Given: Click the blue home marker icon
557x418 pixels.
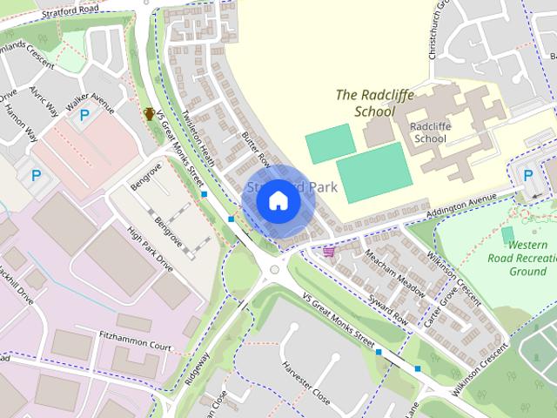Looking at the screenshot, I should pyautogui.click(x=278, y=201).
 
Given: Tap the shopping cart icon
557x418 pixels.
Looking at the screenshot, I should pyautogui.click(x=329, y=252).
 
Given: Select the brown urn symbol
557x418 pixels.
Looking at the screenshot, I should pyautogui.click(x=150, y=113).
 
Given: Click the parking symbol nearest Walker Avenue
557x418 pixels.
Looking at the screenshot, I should pyautogui.click(x=84, y=115).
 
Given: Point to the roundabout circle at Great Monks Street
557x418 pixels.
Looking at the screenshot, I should pyautogui.click(x=276, y=268).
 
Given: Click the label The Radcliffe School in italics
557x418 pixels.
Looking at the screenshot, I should pyautogui.click(x=375, y=103).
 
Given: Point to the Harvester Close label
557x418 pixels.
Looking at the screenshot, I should pyautogui.click(x=305, y=380).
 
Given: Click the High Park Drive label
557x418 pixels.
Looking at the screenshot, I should pyautogui.click(x=151, y=251).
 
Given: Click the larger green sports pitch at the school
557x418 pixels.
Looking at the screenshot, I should pyautogui.click(x=373, y=172).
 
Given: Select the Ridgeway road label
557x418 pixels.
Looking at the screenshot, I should pyautogui.click(x=197, y=368).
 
